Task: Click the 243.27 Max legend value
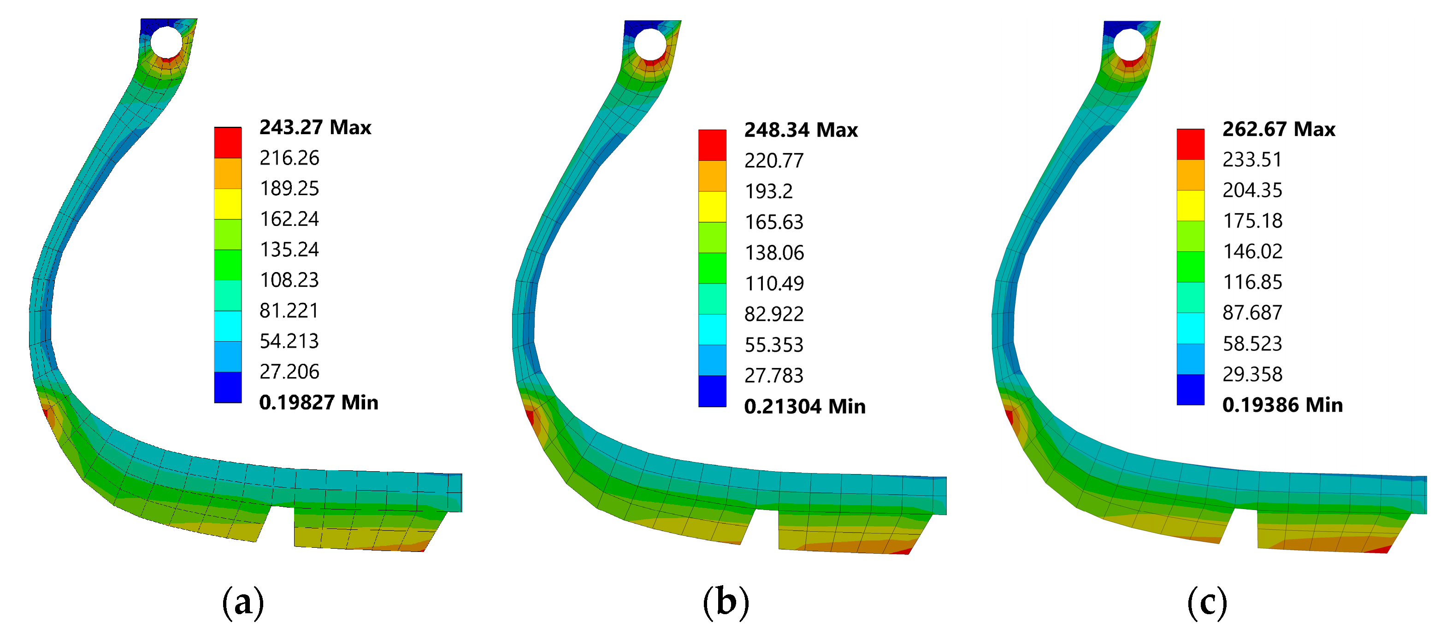click(x=315, y=127)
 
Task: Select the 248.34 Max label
click(x=801, y=130)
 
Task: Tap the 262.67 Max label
click(x=1279, y=129)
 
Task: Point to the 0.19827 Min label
click(x=318, y=403)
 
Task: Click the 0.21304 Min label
click(x=804, y=407)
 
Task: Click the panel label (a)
click(x=242, y=603)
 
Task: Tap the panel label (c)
click(x=1207, y=603)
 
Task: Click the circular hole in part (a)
click(x=167, y=41)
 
